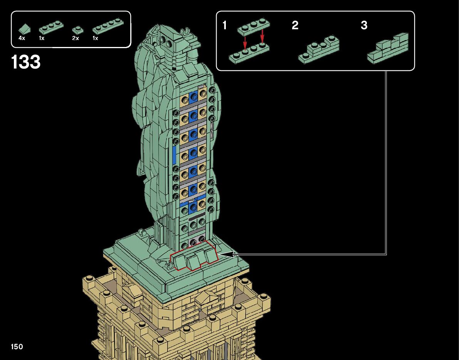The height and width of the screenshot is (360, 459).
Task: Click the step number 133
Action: click(26, 62)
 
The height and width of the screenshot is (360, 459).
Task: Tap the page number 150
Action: click(17, 347)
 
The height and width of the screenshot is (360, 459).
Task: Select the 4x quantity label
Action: click(22, 38)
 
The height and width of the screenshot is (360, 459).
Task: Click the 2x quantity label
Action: click(76, 38)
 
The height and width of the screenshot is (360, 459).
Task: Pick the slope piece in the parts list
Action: click(24, 29)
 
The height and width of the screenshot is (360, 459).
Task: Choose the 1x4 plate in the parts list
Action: click(108, 26)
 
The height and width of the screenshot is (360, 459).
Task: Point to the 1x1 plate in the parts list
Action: click(77, 30)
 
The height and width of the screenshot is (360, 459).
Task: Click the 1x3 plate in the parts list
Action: click(51, 27)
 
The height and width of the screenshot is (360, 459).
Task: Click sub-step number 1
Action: click(225, 25)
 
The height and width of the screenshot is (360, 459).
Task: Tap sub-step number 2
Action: click(295, 25)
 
